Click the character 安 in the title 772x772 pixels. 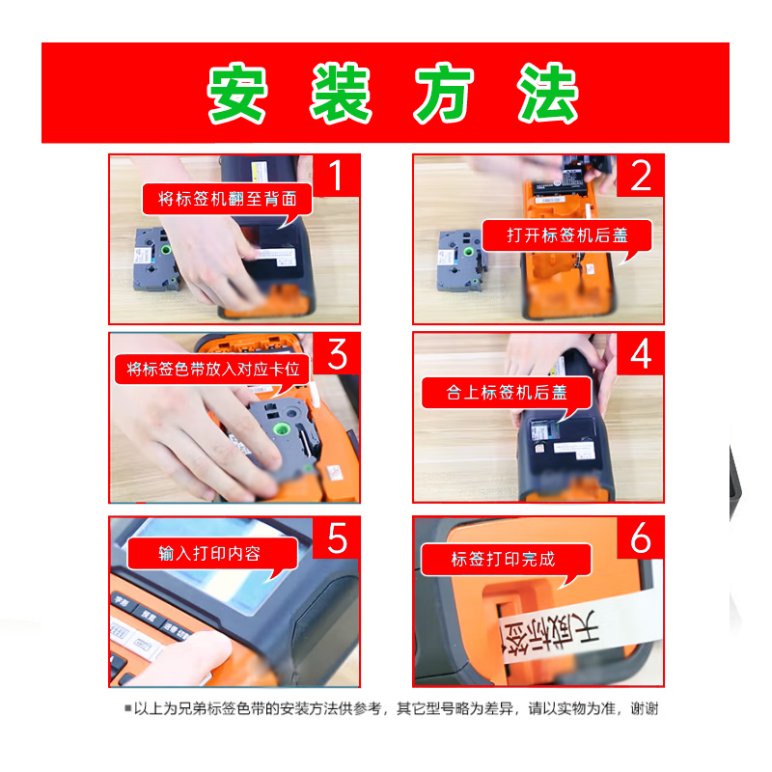[238, 94]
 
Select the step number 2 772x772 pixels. [641, 177]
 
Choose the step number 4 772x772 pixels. [641, 354]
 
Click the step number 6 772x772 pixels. [641, 538]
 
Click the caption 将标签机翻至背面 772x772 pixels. [227, 201]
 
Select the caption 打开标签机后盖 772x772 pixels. [565, 235]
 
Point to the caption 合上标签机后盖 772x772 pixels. [507, 392]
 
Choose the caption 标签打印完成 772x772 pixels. [503, 559]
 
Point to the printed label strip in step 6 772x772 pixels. [569, 637]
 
